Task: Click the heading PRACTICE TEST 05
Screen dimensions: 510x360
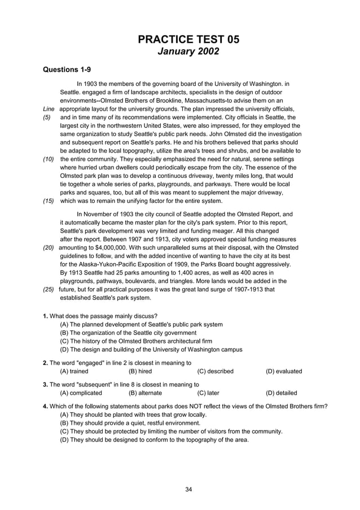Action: pos(188,39)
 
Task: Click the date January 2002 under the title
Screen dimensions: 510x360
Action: pos(188,51)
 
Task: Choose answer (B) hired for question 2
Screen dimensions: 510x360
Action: pos(140,371)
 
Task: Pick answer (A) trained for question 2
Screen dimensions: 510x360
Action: pos(74,371)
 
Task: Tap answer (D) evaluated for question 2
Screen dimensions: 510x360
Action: pos(284,371)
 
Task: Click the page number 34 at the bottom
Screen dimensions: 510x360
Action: pos(188,489)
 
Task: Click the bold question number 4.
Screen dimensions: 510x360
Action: pos(45,406)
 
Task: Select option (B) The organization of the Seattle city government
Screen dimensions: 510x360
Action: pos(128,333)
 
